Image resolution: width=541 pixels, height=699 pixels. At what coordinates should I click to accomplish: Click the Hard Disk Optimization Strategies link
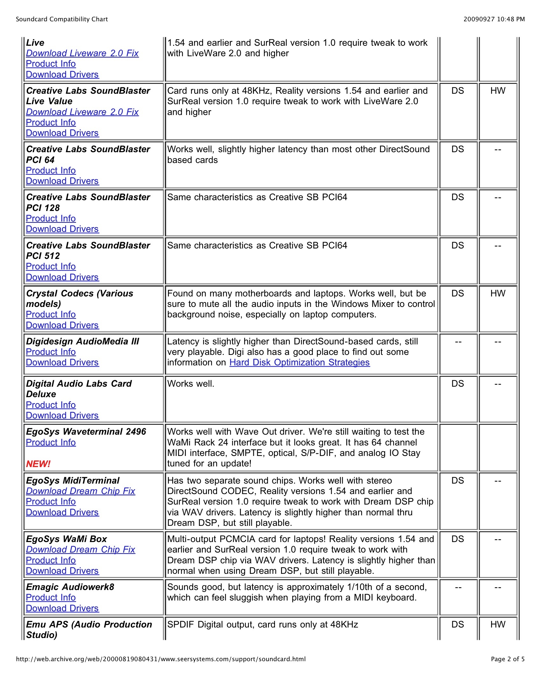pos(299,362)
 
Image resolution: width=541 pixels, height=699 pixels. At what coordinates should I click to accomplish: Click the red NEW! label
pos(38,464)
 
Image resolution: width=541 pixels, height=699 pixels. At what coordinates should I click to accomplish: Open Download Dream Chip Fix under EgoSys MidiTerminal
pos(81,491)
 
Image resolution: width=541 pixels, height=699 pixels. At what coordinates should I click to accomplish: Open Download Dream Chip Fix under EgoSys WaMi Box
pos(81,550)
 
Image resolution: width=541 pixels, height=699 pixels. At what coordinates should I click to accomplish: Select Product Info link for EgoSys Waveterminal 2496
pos(51,442)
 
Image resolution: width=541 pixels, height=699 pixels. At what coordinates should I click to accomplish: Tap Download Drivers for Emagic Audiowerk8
pos(62,608)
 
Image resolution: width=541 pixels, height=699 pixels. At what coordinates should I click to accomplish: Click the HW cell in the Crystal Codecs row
pos(497,294)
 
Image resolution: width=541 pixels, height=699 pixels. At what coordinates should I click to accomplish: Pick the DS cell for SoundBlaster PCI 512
pos(458,246)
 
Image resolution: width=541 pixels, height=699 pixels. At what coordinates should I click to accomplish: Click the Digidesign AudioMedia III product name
pos(82,342)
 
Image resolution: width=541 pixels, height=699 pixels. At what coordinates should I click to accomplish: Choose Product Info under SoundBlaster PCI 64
pos(51,170)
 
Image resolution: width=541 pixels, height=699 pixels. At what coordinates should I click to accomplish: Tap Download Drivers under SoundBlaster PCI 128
pos(62,229)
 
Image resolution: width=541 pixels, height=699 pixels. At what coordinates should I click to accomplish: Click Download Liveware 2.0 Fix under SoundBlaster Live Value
pos(82,112)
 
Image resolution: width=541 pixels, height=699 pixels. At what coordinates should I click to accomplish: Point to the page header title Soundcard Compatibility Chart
pos(62,19)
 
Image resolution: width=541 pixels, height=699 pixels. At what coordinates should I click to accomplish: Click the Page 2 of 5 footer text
pos(507,659)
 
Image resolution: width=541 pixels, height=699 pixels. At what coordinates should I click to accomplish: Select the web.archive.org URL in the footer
pos(161,659)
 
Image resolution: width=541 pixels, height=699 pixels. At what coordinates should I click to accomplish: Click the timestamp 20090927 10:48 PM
pos(494,19)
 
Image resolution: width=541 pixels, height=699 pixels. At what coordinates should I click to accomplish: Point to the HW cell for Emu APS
pos(497,624)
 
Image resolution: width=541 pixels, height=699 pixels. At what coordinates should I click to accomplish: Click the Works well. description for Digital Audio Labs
pos(191,384)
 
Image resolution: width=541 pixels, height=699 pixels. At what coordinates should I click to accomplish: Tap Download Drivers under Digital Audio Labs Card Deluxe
pos(62,416)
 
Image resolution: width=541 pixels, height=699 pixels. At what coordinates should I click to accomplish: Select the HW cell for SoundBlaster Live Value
pos(497,91)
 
